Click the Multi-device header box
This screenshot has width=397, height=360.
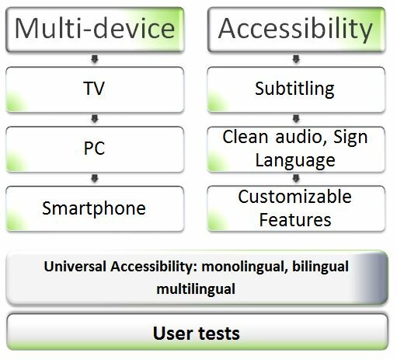coord(95,30)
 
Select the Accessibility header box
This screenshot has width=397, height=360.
coord(296,30)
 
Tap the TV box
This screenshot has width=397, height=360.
coord(95,89)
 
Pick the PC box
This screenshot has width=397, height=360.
coord(95,149)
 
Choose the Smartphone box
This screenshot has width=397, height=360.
coord(95,208)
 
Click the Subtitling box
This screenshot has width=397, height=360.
coord(296,89)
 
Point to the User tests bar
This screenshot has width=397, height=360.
coord(197,332)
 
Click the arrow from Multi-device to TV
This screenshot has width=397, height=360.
coord(95,59)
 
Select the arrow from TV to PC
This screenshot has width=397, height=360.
coord(95,119)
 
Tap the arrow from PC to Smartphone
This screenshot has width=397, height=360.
coord(95,178)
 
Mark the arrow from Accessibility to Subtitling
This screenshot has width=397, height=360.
coord(296,59)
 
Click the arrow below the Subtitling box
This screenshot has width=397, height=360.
coord(296,119)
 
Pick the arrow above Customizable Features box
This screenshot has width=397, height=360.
coord(296,178)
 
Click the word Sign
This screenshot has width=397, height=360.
coord(350,138)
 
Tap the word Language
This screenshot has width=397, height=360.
coord(295,161)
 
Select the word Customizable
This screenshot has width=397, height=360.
coord(294,197)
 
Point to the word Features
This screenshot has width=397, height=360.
coord(295,220)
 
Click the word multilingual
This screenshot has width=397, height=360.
coord(196,289)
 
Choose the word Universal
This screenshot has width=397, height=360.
coord(75,266)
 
